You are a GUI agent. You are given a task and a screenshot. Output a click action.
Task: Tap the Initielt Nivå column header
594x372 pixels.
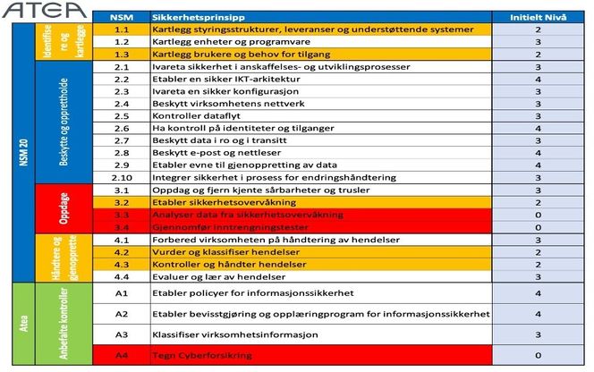pyautogui.click(x=538, y=17)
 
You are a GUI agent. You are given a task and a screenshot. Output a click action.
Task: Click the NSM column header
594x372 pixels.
pyautogui.click(x=123, y=17)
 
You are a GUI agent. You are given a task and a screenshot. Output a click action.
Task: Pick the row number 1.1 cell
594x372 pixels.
pyautogui.click(x=123, y=30)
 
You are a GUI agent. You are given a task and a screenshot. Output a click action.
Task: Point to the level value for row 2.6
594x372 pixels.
pyautogui.click(x=538, y=128)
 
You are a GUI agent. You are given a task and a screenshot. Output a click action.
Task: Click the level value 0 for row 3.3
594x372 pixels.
pyautogui.click(x=538, y=215)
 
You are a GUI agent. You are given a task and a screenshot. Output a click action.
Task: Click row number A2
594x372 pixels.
pyautogui.click(x=123, y=314)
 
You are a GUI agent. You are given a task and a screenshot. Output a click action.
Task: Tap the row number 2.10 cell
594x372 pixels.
pyautogui.click(x=123, y=177)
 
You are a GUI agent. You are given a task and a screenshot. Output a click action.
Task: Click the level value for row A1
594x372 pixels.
pyautogui.click(x=538, y=292)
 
